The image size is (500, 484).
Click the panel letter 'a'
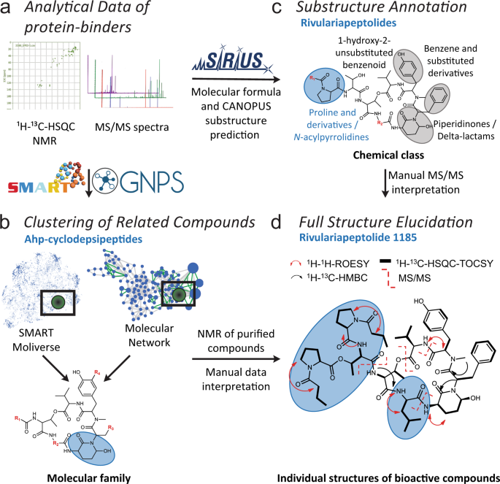click(9, 10)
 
